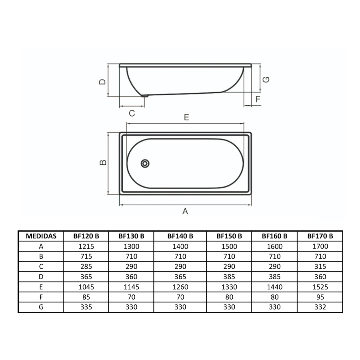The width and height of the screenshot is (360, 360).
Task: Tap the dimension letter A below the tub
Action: pos(185,211)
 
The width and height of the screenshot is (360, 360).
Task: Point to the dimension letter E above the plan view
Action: pos(186,117)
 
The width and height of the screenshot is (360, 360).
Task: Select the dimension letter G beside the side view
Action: pos(266,80)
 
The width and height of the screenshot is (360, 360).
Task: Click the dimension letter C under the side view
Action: pos(132,113)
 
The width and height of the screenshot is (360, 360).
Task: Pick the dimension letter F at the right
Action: pos(258,99)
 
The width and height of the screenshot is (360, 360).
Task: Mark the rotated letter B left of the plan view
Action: pos(103,162)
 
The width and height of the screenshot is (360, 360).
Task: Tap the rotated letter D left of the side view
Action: pos(102,82)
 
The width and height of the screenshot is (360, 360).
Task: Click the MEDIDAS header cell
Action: pos(41,236)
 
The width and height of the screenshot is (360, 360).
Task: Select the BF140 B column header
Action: pos(180,236)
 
